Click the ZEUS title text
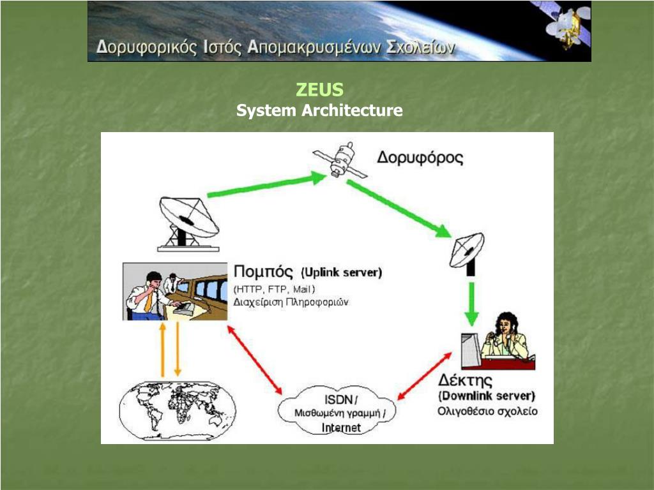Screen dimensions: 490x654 coord(319,89)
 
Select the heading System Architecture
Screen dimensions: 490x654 coord(319,110)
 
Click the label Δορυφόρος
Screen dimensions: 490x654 coord(420,158)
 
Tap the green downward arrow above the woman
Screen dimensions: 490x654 coord(471,302)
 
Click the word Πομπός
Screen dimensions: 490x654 coord(264,271)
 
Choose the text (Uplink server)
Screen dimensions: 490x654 coord(341,272)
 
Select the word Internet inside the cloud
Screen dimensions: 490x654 coord(341,427)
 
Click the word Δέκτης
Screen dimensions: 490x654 coord(466,381)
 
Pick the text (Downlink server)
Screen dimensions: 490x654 coord(487,396)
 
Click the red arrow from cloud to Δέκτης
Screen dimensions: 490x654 coord(424,381)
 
